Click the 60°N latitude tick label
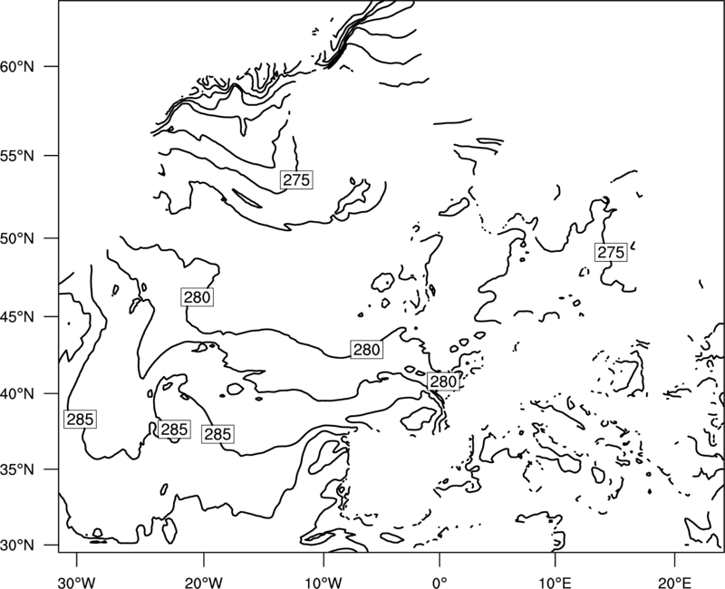pos(17,66)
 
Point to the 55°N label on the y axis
pos(17,156)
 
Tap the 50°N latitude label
pos(17,238)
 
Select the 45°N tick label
pos(17,316)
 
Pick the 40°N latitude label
pos(17,394)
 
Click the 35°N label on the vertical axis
pos(17,469)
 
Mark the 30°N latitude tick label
pos(17,546)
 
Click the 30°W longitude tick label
pos(77,583)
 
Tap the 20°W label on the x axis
pos(203,583)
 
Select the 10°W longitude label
pos(323,583)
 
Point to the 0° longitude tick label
pos(440,583)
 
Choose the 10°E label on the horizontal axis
pos(555,583)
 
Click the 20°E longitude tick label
pos(674,583)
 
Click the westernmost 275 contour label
pos(296,179)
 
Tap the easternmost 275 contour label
pos(611,252)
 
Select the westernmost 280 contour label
pos(198,297)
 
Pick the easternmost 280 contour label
pos(443,381)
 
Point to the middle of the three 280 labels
pos(367,350)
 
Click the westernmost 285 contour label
pos(80,419)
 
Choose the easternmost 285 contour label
pos(217,434)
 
